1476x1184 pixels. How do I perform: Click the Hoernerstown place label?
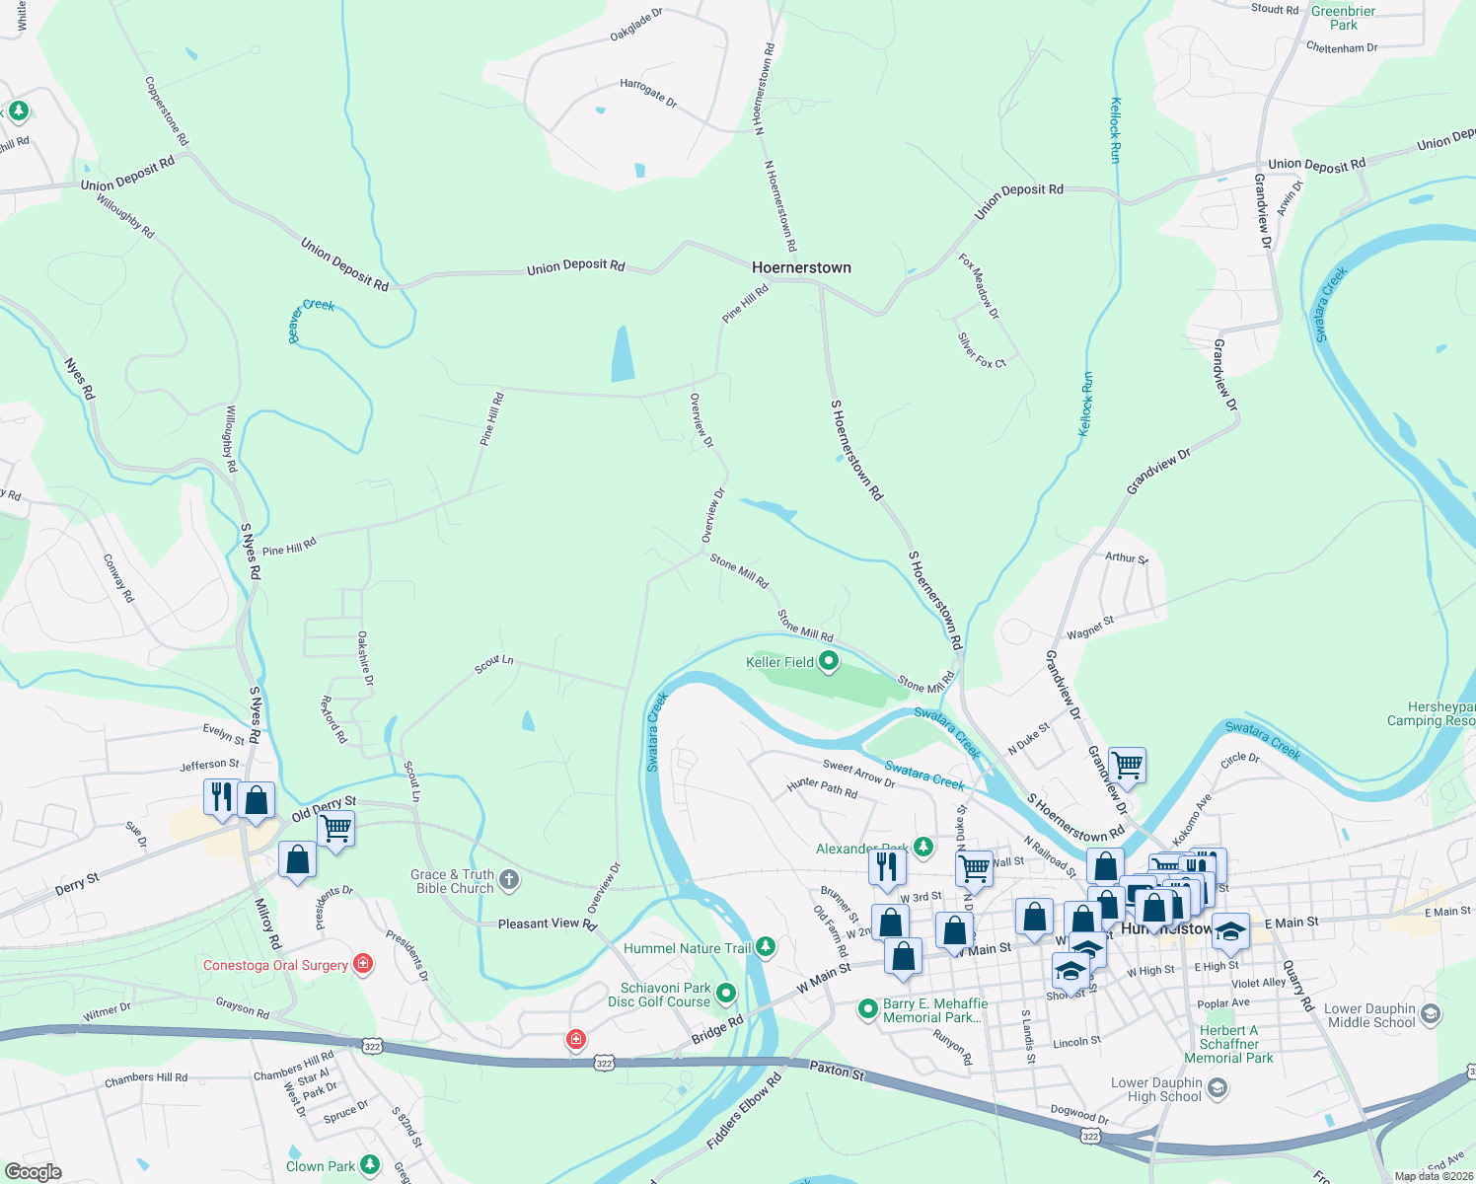coord(801,267)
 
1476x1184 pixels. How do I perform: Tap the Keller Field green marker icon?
coord(829,662)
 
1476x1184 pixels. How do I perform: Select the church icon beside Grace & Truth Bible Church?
coord(508,880)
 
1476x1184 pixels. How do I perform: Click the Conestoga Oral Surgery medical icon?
coord(363,964)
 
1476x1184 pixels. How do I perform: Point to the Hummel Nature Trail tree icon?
coord(765,948)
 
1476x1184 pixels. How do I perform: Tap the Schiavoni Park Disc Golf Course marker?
coord(726,993)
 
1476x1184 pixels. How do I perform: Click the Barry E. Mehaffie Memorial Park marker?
coord(868,1008)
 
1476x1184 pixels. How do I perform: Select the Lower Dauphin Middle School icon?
coord(1432,1014)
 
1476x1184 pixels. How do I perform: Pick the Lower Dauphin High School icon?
coord(1218,1088)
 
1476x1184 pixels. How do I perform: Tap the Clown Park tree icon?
coord(370,1165)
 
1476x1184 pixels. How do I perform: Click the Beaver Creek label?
coord(311,321)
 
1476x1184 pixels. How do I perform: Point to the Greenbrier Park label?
coord(1343,18)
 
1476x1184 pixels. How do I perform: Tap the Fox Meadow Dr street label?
coord(979,286)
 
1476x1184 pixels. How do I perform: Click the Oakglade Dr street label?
coord(636,25)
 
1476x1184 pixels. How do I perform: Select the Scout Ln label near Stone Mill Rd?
coord(493,665)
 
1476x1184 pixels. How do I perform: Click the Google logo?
coord(33,1171)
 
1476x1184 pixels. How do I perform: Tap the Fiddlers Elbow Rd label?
coord(744,1111)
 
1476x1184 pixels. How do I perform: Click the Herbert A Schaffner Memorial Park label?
coord(1228,1044)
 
